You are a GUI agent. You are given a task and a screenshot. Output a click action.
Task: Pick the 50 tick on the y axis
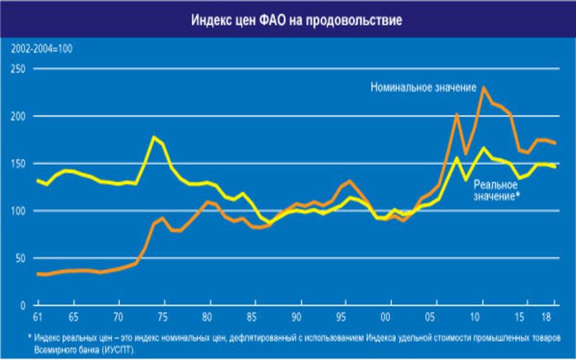19,258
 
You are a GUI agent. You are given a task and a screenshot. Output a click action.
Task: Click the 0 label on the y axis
22,305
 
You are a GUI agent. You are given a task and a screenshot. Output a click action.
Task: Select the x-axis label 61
37,318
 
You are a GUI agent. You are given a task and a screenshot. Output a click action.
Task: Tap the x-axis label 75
163,318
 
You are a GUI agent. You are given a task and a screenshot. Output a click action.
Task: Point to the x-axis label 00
387,318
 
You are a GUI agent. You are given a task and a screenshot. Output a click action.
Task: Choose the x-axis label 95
343,318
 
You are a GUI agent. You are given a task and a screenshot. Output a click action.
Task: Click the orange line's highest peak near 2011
483,87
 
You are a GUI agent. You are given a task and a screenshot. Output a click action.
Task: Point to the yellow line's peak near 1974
153,137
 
